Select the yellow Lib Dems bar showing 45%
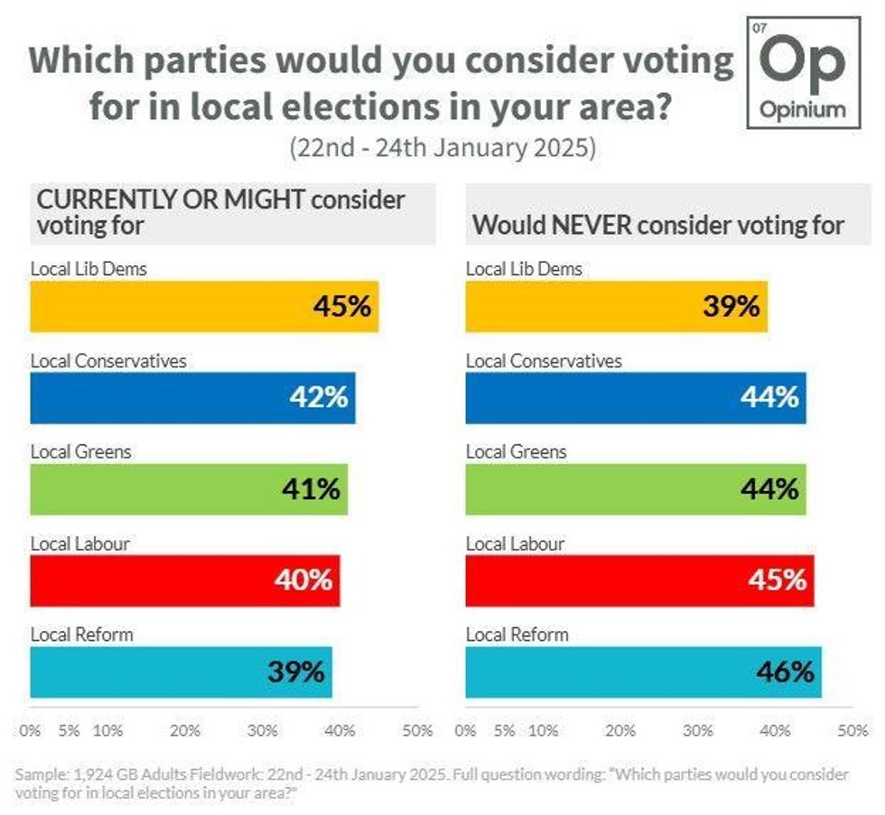(204, 306)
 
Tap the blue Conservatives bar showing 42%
(192, 398)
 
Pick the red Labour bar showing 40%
(184, 580)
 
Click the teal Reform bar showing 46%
(643, 672)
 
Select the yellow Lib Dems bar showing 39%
(616, 306)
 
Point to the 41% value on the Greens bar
(310, 489)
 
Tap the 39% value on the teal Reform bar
(295, 672)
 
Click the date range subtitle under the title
(442, 148)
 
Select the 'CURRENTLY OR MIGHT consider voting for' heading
(219, 212)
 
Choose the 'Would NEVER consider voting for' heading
(658, 226)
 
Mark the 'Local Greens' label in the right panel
(516, 452)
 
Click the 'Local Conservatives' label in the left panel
(108, 361)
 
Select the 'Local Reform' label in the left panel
(81, 634)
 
